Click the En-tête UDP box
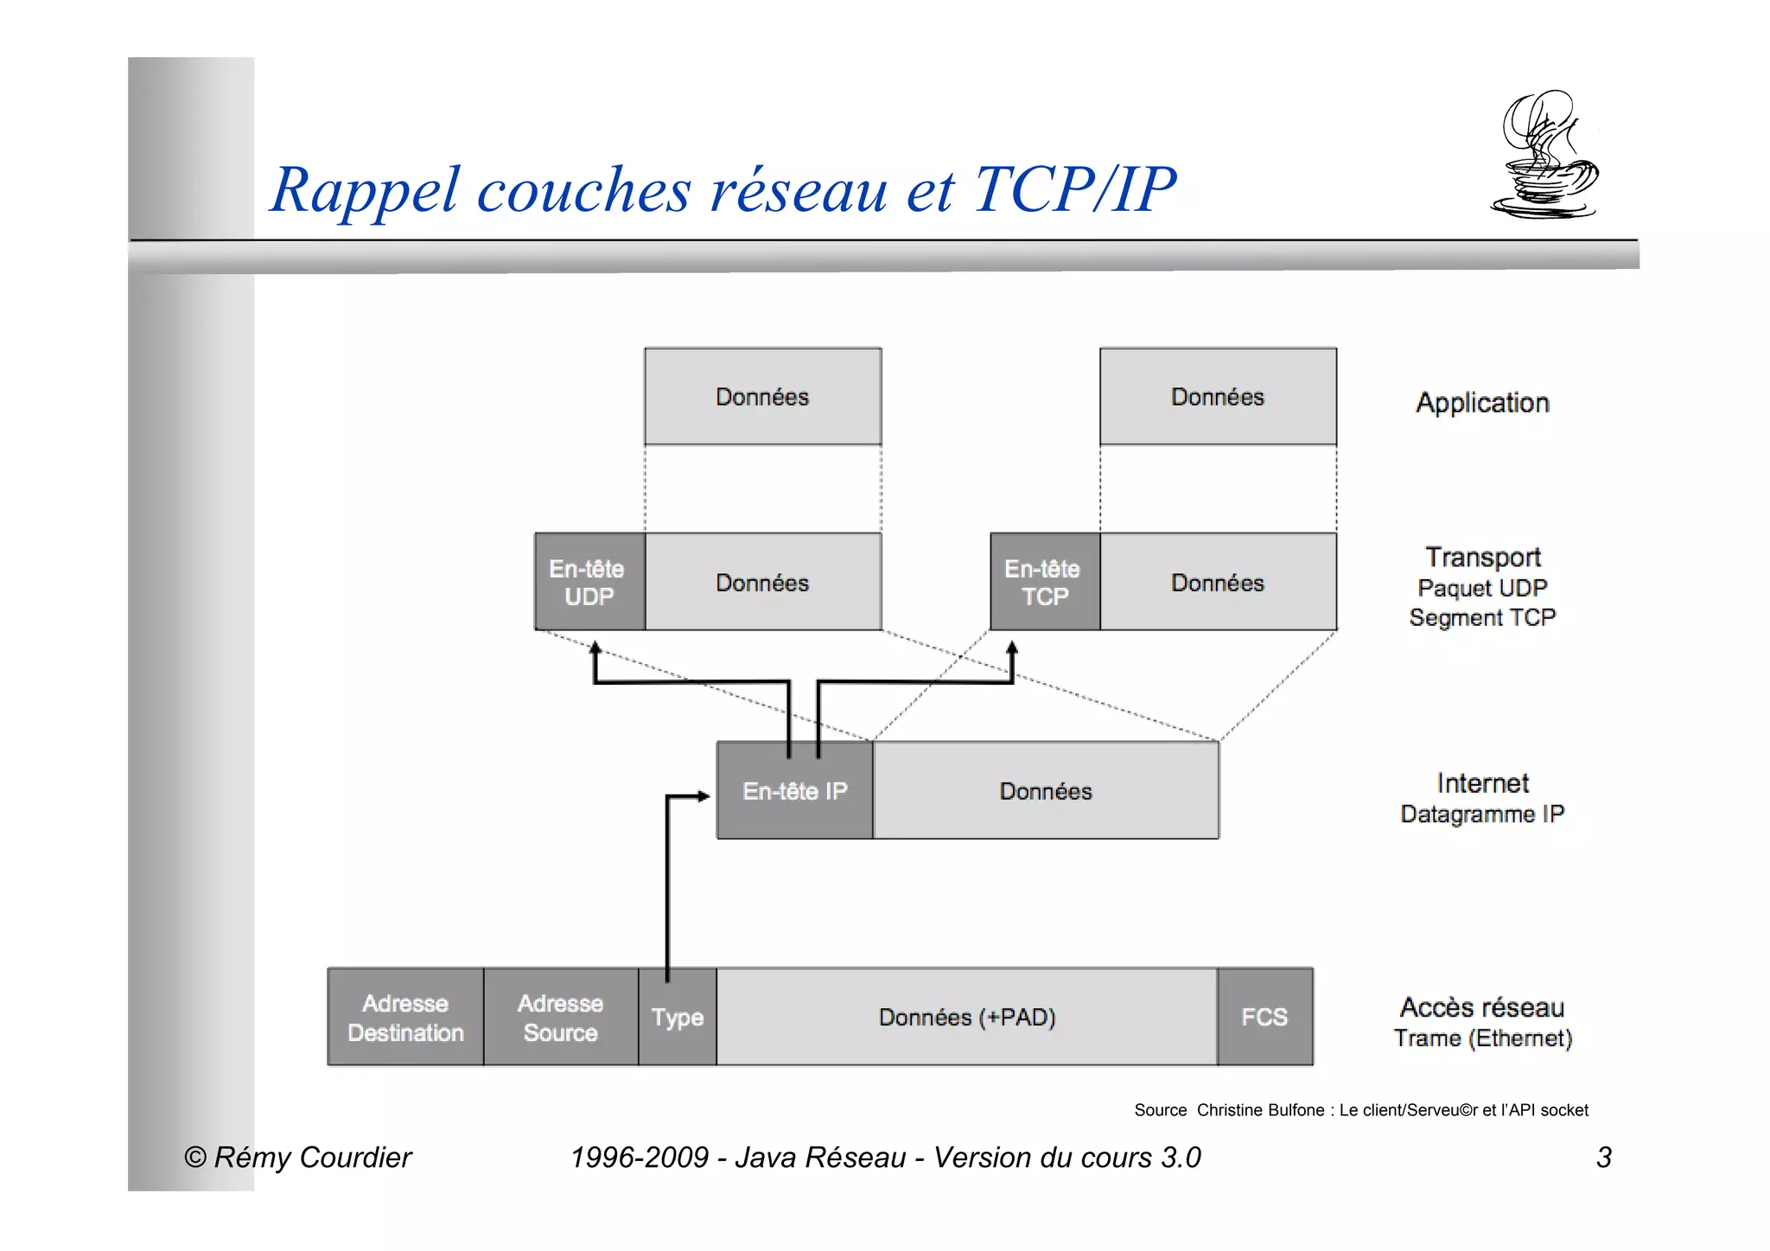[589, 582]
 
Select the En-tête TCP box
[1044, 582]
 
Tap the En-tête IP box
[794, 791]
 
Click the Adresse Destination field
[405, 1018]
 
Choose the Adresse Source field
[560, 1018]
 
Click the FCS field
[1264, 1018]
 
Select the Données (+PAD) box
[966, 1018]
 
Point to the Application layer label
[1482, 403]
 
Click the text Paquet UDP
[1482, 588]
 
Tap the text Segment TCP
[1482, 617]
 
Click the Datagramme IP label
[1482, 814]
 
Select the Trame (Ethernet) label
[1482, 1038]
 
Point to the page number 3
[1603, 1158]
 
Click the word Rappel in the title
[364, 190]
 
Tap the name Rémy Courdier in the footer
[312, 1158]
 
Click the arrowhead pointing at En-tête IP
[704, 796]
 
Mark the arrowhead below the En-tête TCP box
[1012, 648]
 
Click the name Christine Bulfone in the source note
[1260, 1110]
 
